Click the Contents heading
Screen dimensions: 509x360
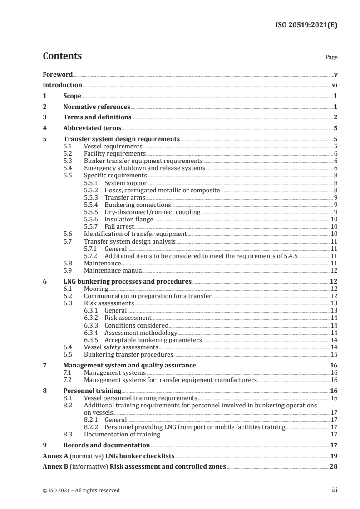pyautogui.click(x=62, y=56)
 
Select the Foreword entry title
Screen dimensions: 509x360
pyautogui.click(x=58, y=74)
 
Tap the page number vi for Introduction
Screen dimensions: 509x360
pyautogui.click(x=334, y=85)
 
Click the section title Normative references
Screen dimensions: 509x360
pyautogui.click(x=97, y=107)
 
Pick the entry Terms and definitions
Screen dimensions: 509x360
pyautogui.click(x=97, y=117)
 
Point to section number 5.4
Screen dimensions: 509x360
pyautogui.click(x=68, y=168)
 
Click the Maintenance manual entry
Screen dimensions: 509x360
pyautogui.click(x=114, y=271)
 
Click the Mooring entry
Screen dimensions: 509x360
pyautogui.click(x=96, y=289)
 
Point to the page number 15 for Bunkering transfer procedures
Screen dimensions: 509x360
pyautogui.click(x=333, y=355)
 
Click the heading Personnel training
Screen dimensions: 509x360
pyautogui.click(x=92, y=391)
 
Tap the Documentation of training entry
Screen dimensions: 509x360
pyautogui.click(x=122, y=435)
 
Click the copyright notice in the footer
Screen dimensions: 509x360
pyautogui.click(x=81, y=490)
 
